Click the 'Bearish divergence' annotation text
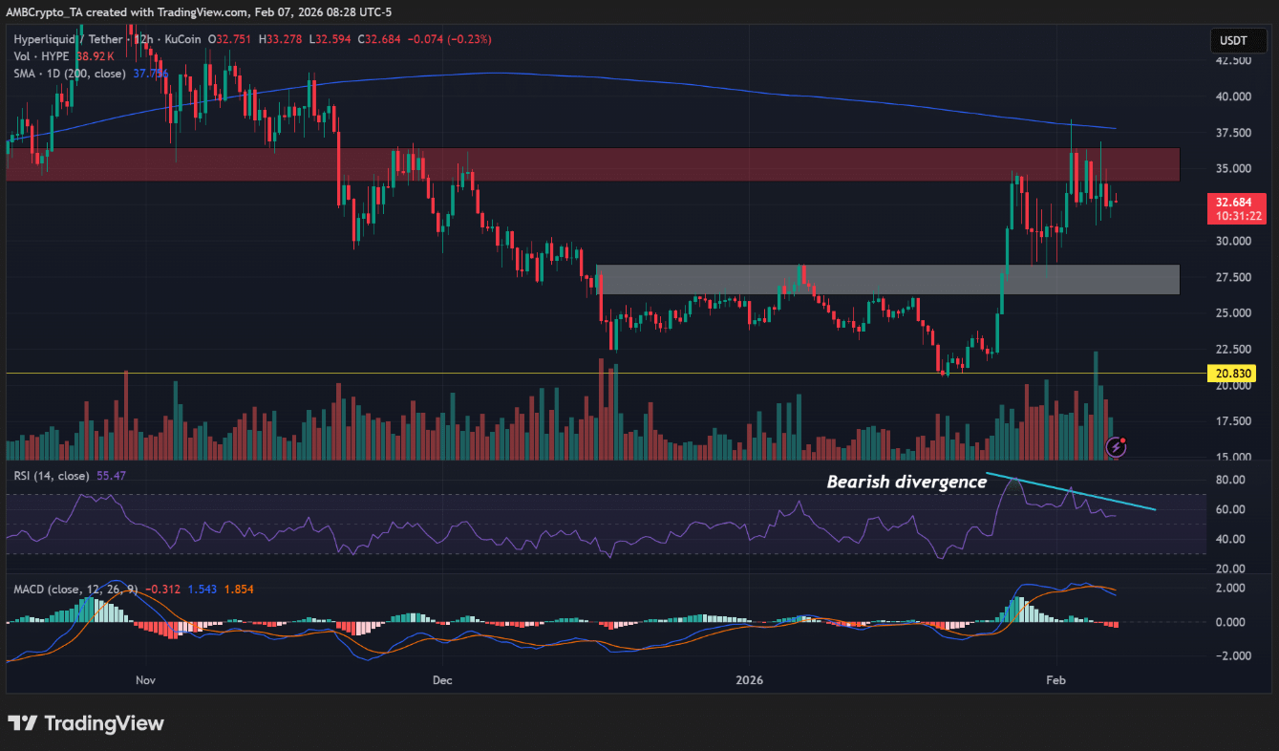[x=906, y=483]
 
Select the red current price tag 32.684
[x=1231, y=203]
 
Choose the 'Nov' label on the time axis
[x=145, y=680]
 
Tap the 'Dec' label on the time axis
[x=442, y=680]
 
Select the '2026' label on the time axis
[x=750, y=680]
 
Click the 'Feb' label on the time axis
[x=1055, y=680]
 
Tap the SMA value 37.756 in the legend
[x=150, y=74]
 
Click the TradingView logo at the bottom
[x=86, y=723]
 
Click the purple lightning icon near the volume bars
[x=1116, y=446]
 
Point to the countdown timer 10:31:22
[x=1232, y=217]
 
